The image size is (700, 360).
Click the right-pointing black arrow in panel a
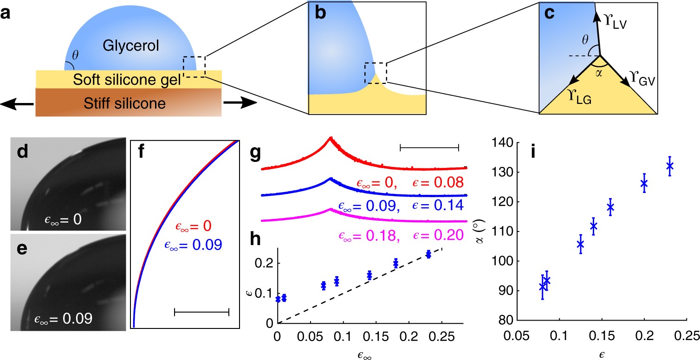[x=239, y=103]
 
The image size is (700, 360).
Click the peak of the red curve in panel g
[x=331, y=138]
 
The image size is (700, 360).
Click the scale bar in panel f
[x=201, y=312]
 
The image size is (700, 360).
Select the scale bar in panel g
[x=429, y=148]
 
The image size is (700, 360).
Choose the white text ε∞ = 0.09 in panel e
[x=63, y=319]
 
